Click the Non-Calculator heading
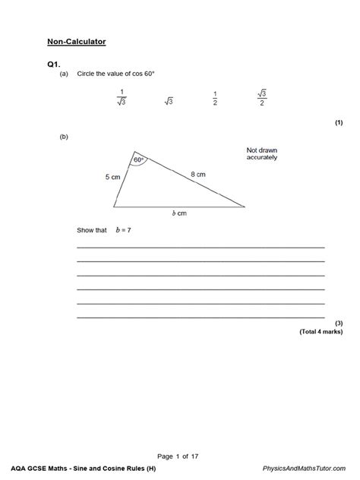tap(76, 42)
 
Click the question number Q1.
tap(53, 65)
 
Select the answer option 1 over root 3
tap(120, 99)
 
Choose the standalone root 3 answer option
tap(169, 100)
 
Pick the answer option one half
tap(215, 99)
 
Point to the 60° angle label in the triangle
tap(138, 160)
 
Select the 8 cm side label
tap(197, 174)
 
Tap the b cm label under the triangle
tap(178, 213)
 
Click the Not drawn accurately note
tap(261, 154)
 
